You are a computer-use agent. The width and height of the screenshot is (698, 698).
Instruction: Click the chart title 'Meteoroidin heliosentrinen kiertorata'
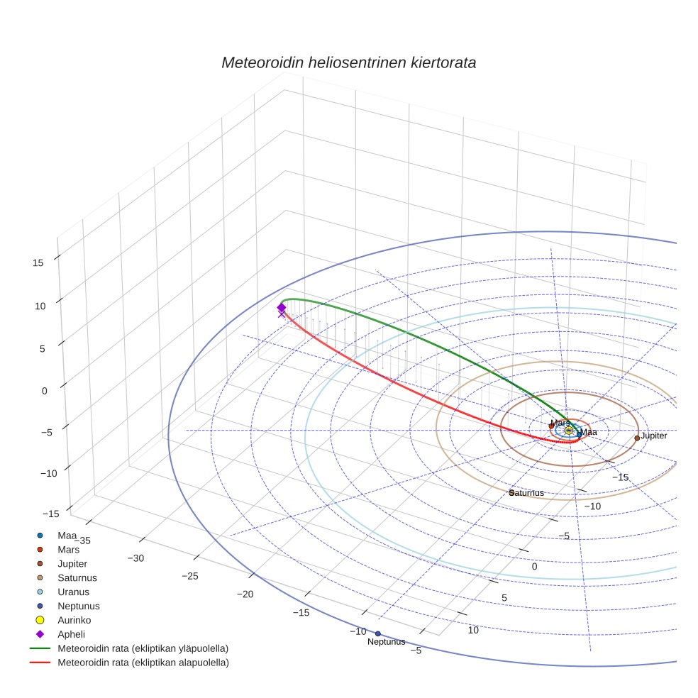(348, 62)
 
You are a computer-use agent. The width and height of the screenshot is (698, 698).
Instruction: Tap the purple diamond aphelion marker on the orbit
(282, 307)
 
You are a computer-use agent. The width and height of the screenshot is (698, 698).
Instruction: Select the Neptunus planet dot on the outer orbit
(378, 633)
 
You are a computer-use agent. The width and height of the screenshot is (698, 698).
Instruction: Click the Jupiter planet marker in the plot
(637, 438)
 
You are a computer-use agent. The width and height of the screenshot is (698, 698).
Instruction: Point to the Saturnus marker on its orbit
(511, 492)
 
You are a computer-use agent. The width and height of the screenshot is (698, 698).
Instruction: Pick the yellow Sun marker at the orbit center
(569, 430)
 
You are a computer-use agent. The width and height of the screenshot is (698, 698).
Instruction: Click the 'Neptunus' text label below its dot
(386, 642)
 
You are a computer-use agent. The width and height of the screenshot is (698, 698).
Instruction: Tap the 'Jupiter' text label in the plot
(654, 436)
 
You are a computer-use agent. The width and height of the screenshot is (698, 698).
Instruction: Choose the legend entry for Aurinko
(74, 620)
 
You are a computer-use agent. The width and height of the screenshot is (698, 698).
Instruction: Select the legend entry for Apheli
(71, 634)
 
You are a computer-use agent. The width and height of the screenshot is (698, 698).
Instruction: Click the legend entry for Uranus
(74, 592)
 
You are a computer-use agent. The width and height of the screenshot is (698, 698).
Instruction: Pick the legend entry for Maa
(67, 535)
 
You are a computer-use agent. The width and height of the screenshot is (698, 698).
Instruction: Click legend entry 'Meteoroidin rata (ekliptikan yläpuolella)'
(143, 648)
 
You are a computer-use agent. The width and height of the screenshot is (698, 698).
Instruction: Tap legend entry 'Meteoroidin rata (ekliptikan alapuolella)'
(143, 663)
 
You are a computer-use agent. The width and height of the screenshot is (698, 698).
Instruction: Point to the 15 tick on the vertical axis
(38, 262)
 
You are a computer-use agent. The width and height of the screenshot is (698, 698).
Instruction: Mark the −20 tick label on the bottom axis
(245, 594)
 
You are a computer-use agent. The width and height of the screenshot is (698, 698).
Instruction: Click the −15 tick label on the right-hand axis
(620, 477)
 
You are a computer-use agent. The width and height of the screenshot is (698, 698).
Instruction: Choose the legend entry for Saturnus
(77, 577)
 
